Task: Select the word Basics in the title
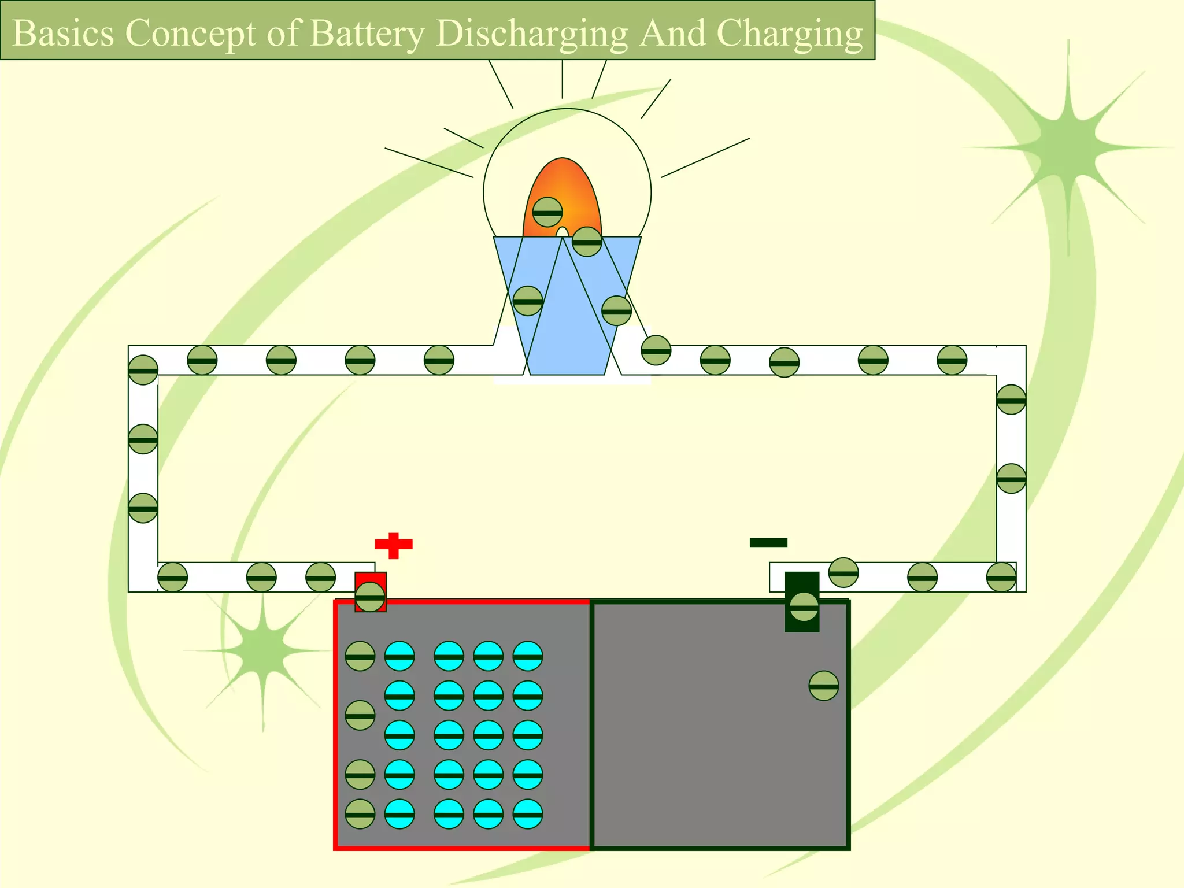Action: (x=63, y=33)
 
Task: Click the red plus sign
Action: (x=394, y=545)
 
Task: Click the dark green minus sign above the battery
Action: (x=768, y=542)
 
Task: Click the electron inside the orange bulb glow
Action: (x=547, y=212)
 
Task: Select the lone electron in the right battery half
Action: (x=824, y=686)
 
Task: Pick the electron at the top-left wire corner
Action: (x=143, y=370)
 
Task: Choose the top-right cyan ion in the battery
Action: (x=528, y=656)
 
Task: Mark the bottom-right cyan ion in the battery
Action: (x=528, y=814)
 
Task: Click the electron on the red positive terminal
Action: (x=370, y=597)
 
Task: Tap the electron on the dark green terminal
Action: (x=804, y=606)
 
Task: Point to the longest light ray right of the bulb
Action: (x=705, y=157)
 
